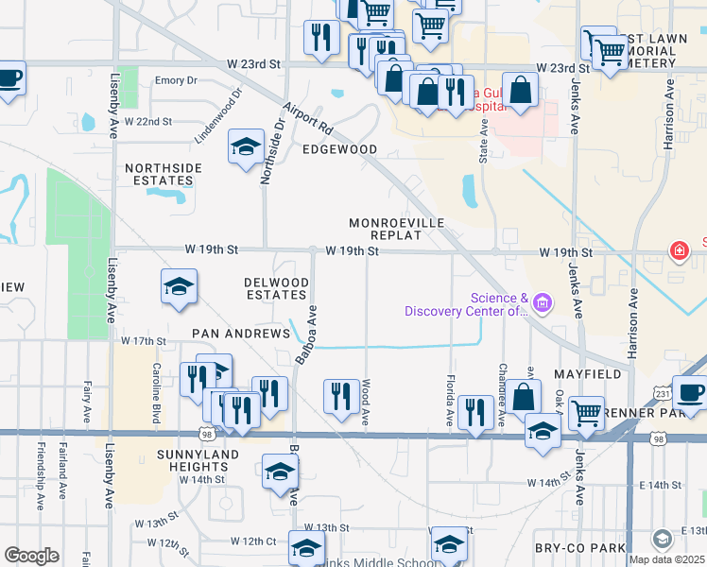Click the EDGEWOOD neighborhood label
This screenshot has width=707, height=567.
339,149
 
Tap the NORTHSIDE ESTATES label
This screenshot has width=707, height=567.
164,174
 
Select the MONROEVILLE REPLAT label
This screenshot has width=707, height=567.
396,229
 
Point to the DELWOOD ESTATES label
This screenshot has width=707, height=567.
276,288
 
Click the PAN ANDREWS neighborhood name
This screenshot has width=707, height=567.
240,334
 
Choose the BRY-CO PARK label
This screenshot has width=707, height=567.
592,548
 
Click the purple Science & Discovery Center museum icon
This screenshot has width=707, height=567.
542,303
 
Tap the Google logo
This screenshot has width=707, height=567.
31,555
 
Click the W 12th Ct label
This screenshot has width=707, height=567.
252,541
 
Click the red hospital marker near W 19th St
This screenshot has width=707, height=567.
678,250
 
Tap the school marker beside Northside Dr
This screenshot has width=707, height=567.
246,147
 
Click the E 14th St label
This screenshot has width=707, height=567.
658,485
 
